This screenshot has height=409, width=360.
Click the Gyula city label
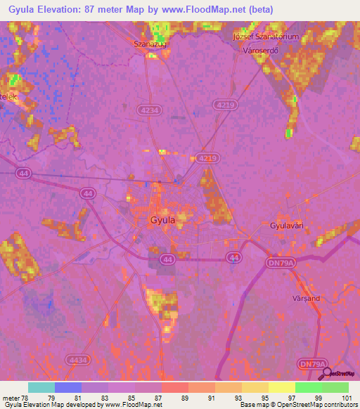tap(162, 219)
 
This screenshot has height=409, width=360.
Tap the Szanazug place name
tap(148, 44)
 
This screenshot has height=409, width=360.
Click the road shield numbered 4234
tap(150, 110)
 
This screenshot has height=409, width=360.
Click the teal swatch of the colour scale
tap(41, 387)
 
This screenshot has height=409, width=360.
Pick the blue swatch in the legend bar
tap(68, 387)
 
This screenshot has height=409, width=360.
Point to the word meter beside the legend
tap(11, 397)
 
